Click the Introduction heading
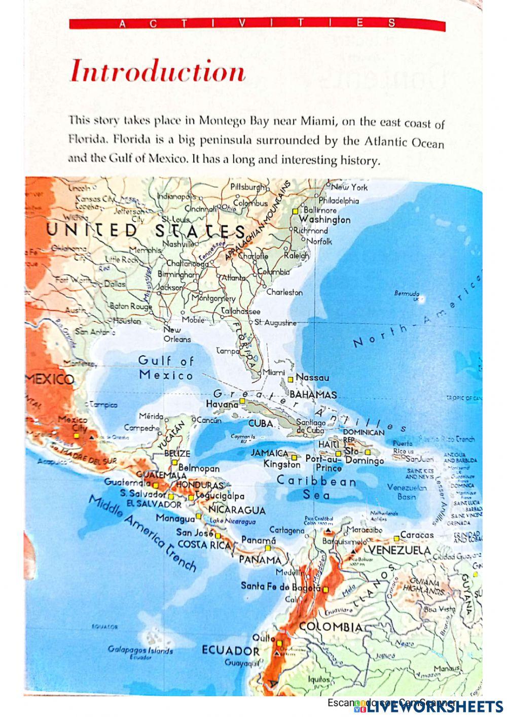tap(158, 72)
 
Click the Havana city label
tap(222, 404)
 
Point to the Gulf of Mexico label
tap(166, 368)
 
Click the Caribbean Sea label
tap(316, 487)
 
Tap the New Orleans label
tap(177, 334)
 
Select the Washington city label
tap(324, 220)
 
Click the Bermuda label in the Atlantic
tap(407, 293)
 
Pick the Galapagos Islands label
tap(140, 650)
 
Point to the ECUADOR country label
tap(230, 651)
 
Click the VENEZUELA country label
tap(399, 551)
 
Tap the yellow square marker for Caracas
tap(396, 538)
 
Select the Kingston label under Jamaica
tap(282, 464)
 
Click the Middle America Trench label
tap(142, 533)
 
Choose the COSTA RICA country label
tap(200, 544)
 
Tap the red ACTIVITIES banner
tap(257, 23)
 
